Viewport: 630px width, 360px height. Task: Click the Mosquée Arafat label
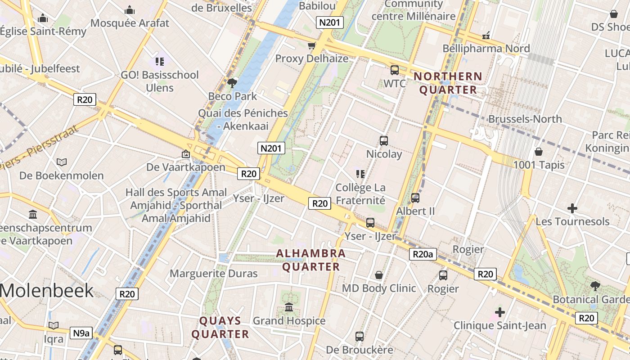(x=130, y=23)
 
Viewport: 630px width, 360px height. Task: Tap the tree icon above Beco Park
(x=232, y=83)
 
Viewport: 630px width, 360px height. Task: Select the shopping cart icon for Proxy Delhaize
(x=311, y=45)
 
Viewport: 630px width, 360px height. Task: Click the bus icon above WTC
(x=395, y=70)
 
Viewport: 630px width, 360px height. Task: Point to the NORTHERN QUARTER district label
(x=448, y=83)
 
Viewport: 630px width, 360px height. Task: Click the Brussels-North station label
(x=525, y=119)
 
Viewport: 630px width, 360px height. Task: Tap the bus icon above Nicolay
(x=384, y=140)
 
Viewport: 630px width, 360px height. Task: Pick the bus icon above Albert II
(x=415, y=198)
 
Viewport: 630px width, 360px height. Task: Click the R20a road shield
(x=423, y=255)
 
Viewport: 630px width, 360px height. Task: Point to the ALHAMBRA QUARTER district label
(x=310, y=260)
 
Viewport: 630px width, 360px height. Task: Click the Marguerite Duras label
(x=213, y=274)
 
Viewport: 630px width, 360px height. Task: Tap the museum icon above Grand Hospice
(x=289, y=307)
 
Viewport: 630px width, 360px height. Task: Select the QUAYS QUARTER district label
(x=220, y=328)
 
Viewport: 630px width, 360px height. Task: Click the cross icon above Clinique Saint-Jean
(x=499, y=312)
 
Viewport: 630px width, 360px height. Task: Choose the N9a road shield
(x=81, y=333)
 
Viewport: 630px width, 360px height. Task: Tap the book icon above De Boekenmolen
(x=62, y=162)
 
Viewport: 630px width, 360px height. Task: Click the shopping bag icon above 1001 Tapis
(x=539, y=152)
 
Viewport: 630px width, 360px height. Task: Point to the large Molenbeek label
(x=47, y=291)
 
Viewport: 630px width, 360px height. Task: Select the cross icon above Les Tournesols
(x=572, y=208)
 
